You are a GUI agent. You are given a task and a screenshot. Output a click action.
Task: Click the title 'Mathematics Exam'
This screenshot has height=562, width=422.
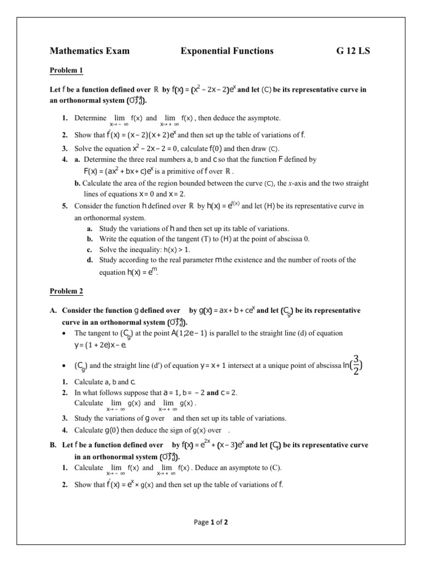tap(90, 51)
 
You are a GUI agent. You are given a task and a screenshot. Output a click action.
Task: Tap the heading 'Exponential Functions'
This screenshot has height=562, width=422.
tap(227, 51)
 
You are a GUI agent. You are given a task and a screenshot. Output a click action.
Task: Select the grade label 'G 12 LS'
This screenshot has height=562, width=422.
tap(353, 51)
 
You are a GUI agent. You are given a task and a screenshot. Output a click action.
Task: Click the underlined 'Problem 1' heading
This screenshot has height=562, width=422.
tap(66, 71)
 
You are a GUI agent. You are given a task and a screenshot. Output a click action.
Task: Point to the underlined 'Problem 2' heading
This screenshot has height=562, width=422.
tap(66, 291)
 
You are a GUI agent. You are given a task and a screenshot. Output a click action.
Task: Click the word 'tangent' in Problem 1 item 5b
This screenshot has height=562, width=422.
tap(180, 239)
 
